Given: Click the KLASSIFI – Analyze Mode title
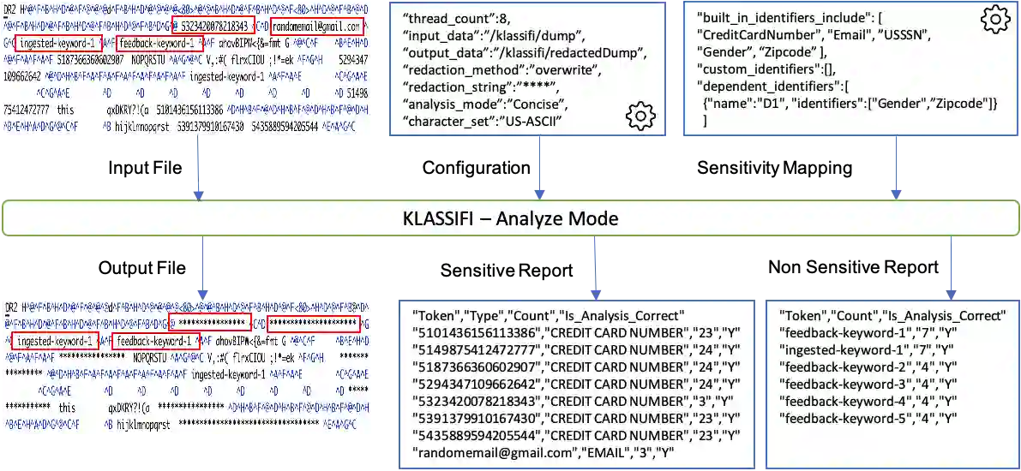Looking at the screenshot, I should click(510, 218).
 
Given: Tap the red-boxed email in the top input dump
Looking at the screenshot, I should click(315, 27).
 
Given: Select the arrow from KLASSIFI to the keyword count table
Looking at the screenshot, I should click(951, 265).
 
